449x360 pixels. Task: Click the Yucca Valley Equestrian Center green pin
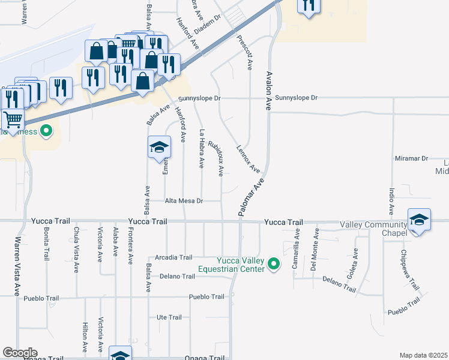[x=274, y=264]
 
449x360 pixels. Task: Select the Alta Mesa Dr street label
[x=184, y=202]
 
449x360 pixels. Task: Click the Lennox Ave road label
[x=248, y=159]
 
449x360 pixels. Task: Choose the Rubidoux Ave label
[x=216, y=158]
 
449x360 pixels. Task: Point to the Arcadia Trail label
[x=175, y=257]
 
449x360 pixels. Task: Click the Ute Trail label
[x=169, y=317]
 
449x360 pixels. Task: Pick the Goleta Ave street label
[x=356, y=262]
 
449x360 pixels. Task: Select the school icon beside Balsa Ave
[x=160, y=146]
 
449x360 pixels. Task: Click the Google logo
[x=20, y=353]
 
